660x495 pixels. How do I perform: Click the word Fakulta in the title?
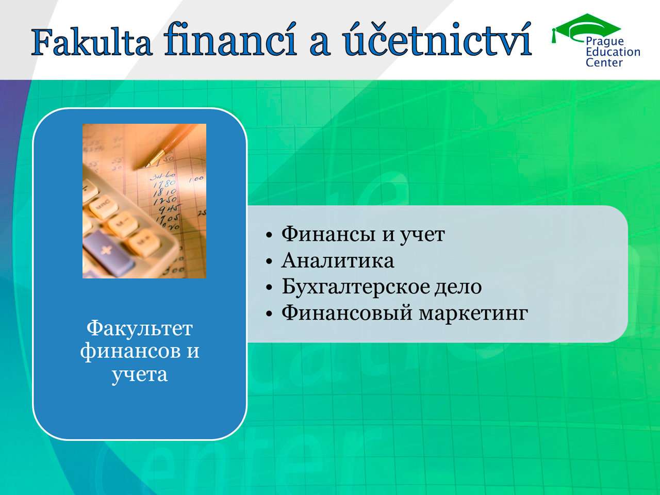click(91, 43)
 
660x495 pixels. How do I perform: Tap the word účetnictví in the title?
click(437, 40)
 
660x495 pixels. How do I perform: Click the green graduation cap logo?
click(586, 28)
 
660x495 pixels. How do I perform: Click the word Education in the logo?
click(613, 52)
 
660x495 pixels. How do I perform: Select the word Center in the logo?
click(604, 62)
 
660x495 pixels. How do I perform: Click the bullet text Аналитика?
click(337, 260)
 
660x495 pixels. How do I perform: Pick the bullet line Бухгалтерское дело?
click(382, 287)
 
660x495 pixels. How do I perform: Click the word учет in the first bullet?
click(422, 235)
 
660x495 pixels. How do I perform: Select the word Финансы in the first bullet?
click(328, 234)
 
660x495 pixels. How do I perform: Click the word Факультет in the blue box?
click(140, 328)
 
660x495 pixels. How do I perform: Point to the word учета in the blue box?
click(140, 375)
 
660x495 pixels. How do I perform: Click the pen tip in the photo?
click(147, 165)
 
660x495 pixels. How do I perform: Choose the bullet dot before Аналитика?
click(269, 261)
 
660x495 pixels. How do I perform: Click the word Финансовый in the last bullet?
click(346, 313)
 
